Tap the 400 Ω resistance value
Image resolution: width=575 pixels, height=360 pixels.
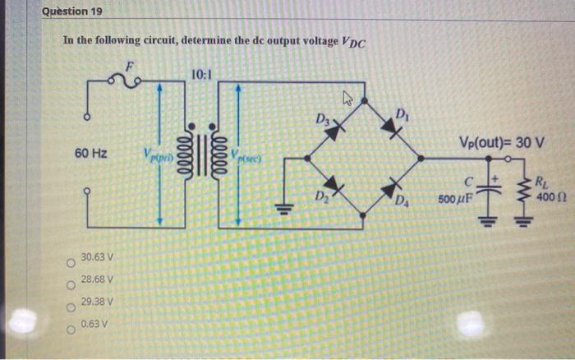click(549, 198)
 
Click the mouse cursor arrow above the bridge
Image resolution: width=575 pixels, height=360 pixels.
click(347, 99)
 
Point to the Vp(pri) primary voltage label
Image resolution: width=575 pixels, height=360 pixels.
click(156, 153)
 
